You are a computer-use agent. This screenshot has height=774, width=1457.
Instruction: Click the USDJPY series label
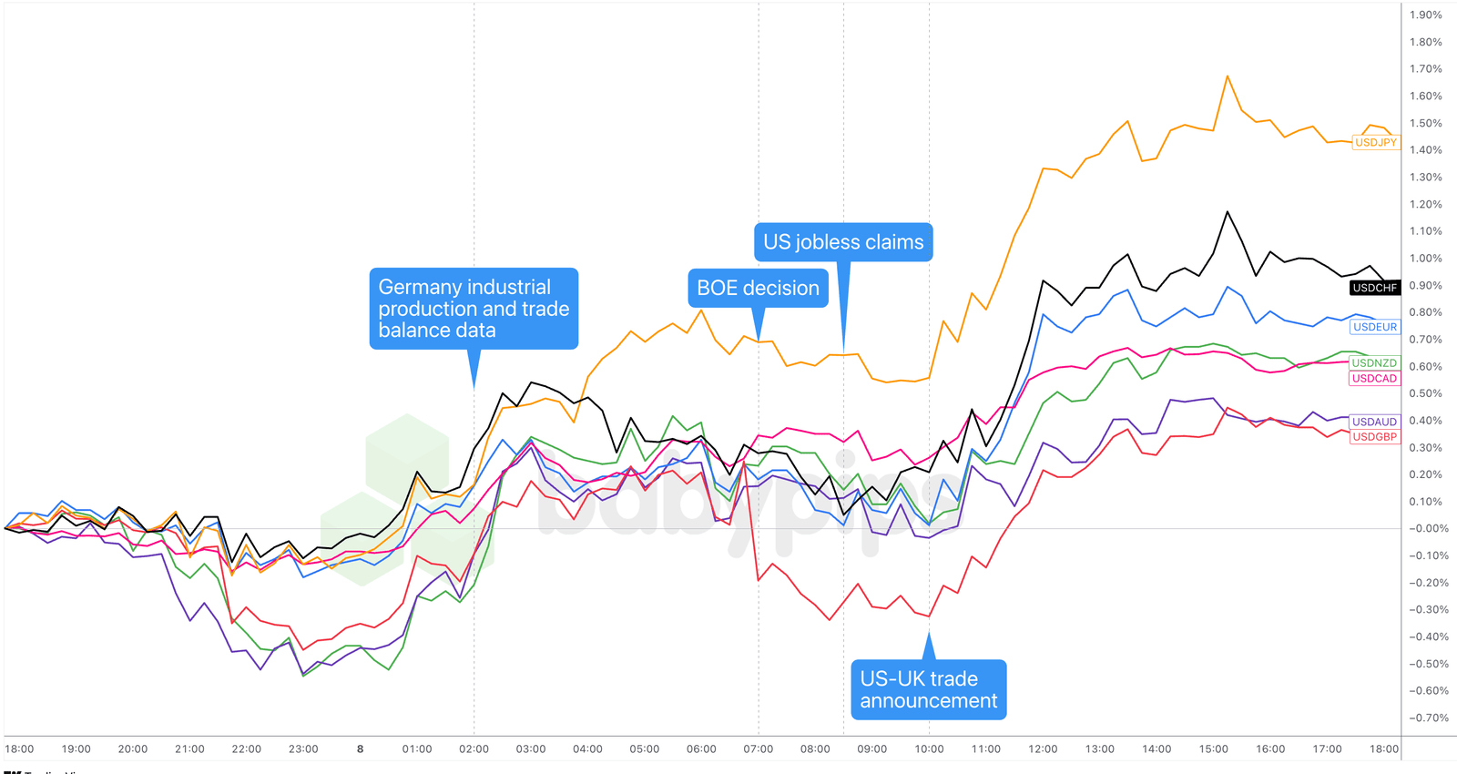pos(1375,143)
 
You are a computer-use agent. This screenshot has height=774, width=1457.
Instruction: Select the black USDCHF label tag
pos(1374,288)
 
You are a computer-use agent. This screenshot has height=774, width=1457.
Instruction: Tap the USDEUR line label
pos(1374,327)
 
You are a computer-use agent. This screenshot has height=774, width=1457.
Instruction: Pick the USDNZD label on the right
pos(1374,363)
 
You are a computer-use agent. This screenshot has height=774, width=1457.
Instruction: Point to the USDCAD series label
pos(1374,379)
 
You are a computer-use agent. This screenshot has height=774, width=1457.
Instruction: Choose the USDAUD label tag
pos(1374,422)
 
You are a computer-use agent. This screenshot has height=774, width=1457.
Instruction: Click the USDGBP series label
pos(1374,437)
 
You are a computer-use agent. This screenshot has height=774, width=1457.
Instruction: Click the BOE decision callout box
pos(758,289)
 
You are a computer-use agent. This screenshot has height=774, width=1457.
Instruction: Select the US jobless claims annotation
pos(843,242)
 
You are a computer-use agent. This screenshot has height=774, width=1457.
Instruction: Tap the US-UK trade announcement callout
pos(928,689)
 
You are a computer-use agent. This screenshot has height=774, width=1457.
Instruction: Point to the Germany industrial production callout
pos(474,309)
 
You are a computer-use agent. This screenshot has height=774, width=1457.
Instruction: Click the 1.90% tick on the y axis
pos(1425,15)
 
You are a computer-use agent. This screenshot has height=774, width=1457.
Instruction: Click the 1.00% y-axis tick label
pos(1425,259)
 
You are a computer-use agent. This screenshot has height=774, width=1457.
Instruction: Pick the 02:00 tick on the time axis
pos(474,749)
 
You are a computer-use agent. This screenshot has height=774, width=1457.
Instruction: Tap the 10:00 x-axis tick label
pos(929,749)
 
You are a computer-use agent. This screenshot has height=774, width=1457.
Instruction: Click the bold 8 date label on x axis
pos(360,749)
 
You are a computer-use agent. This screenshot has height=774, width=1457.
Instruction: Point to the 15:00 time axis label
pos(1213,749)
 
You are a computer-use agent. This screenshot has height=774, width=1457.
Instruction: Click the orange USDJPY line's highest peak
pos(1228,76)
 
